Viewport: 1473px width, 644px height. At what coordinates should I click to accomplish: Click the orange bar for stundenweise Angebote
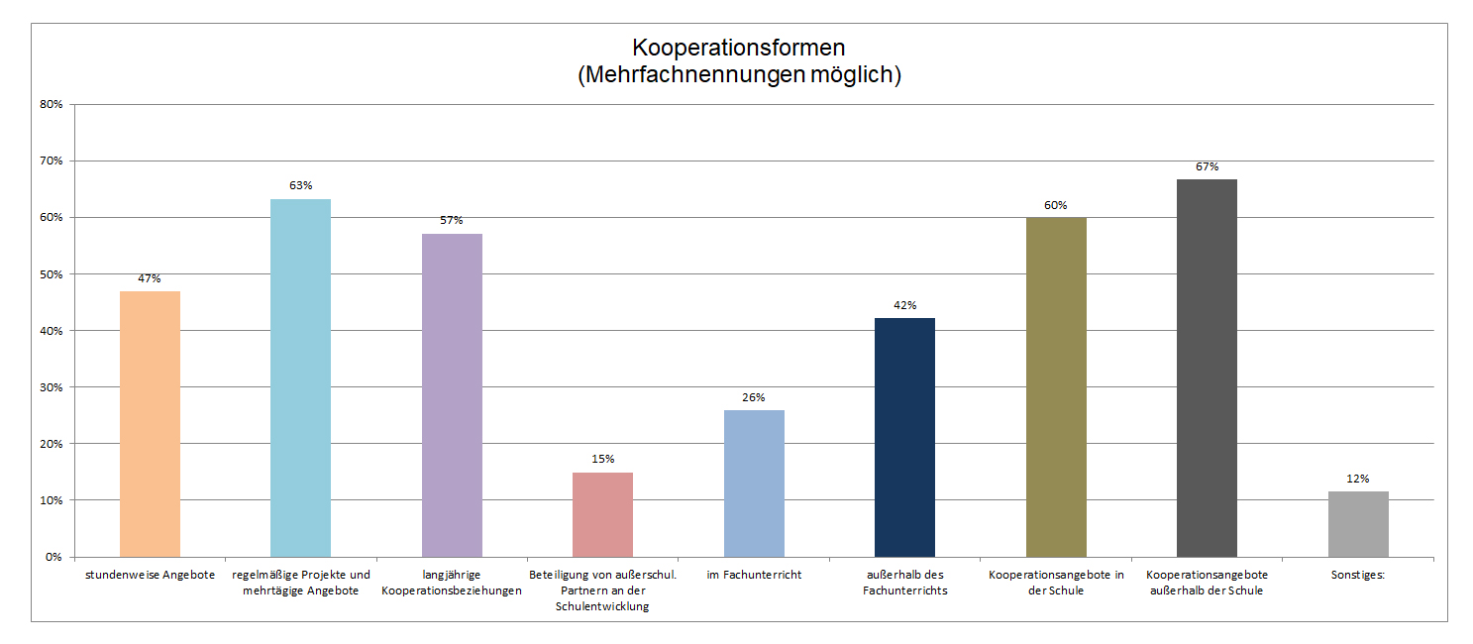pyautogui.click(x=150, y=423)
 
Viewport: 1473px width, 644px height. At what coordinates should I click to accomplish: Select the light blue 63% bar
pyautogui.click(x=301, y=377)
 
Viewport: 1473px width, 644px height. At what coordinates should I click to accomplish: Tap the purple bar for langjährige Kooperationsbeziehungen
pyautogui.click(x=452, y=394)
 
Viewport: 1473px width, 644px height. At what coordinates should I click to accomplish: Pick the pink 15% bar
pyautogui.click(x=602, y=514)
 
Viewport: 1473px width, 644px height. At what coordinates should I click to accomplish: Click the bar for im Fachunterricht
pyautogui.click(x=754, y=483)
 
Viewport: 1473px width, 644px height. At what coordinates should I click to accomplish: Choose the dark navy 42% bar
pyautogui.click(x=904, y=437)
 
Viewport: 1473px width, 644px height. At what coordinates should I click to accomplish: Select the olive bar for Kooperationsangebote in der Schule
pyautogui.click(x=1056, y=386)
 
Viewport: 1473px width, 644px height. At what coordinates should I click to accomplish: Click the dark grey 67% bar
pyautogui.click(x=1207, y=368)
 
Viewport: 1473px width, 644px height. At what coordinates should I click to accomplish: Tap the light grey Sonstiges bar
pyautogui.click(x=1358, y=523)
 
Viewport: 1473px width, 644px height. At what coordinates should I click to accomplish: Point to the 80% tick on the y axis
pyautogui.click(x=51, y=104)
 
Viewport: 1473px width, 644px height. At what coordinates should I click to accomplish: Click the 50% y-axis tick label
pyautogui.click(x=51, y=274)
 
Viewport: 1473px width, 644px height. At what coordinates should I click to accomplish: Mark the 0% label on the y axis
pyautogui.click(x=53, y=557)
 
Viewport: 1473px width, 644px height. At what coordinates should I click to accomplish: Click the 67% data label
pyautogui.click(x=1207, y=166)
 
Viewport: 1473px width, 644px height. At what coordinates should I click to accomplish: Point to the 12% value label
pyautogui.click(x=1358, y=479)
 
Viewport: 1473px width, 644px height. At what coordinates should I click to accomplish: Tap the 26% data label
pyautogui.click(x=754, y=397)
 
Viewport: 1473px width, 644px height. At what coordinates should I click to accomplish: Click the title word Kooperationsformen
pyautogui.click(x=738, y=48)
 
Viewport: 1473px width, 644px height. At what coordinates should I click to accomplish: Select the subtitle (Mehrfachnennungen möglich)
pyautogui.click(x=738, y=75)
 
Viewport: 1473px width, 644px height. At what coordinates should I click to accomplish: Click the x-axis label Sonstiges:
pyautogui.click(x=1358, y=575)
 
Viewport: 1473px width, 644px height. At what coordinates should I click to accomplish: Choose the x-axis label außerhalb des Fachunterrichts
pyautogui.click(x=904, y=583)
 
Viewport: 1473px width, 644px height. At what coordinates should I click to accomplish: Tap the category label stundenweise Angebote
pyautogui.click(x=150, y=575)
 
